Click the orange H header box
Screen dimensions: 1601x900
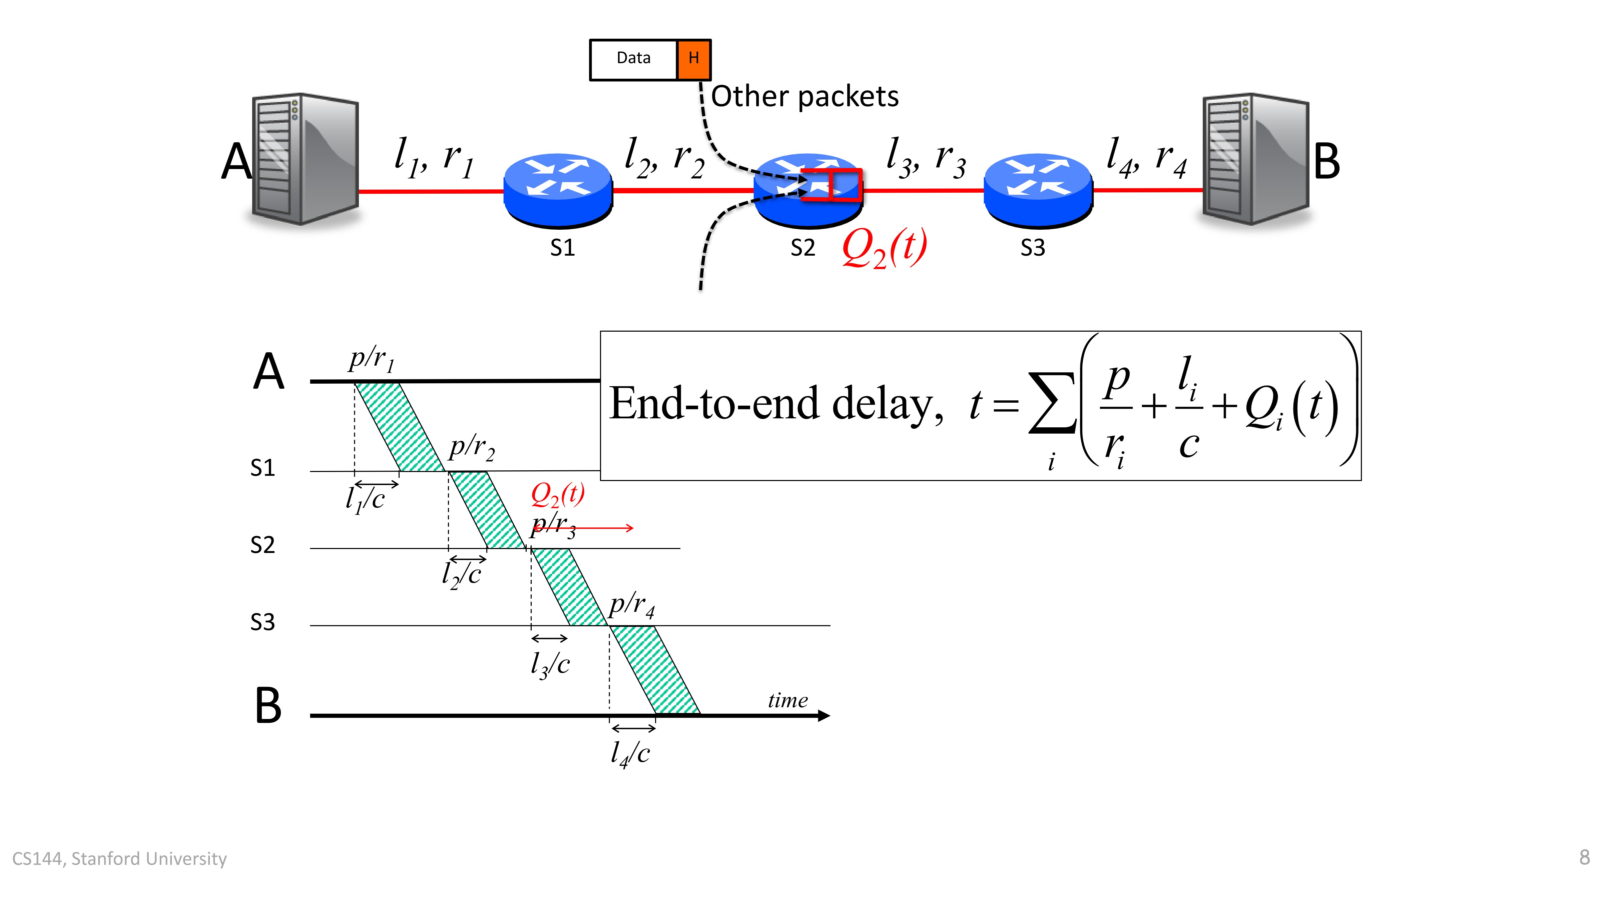(x=694, y=60)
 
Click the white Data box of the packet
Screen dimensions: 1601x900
(x=633, y=60)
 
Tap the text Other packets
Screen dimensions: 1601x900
(x=805, y=96)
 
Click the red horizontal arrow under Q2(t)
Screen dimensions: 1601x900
(x=582, y=528)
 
